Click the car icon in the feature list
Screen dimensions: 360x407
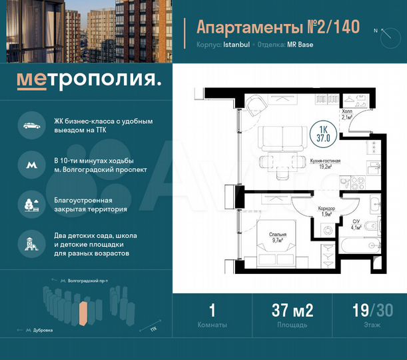31,126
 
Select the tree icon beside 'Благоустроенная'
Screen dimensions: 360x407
31,203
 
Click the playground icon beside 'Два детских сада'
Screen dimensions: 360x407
31,243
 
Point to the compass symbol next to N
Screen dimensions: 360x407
386,36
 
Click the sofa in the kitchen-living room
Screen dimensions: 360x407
279,138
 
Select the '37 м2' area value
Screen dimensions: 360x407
292,309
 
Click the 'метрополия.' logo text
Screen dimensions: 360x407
89,81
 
